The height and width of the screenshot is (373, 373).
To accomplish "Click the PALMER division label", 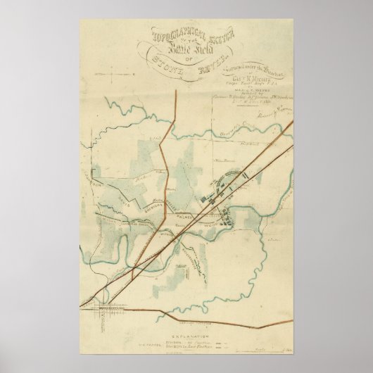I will point(184,219).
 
